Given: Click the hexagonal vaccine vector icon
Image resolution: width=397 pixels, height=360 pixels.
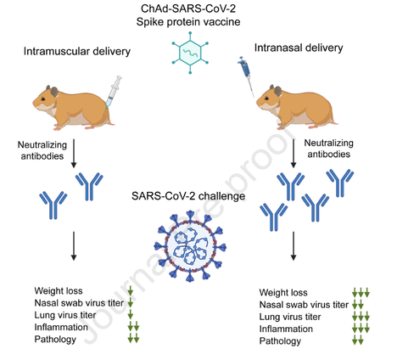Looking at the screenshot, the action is (x=190, y=53).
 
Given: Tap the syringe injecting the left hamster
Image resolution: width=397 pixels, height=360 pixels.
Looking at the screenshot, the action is (x=114, y=92).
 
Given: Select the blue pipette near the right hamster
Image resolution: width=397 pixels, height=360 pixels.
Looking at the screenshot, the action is (x=246, y=76).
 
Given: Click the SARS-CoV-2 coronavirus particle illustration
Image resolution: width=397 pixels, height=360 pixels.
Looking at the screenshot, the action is (x=190, y=246).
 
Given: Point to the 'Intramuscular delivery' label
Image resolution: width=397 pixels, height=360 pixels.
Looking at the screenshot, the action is (x=77, y=51).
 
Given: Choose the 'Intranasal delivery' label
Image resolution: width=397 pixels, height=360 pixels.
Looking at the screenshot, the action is (x=299, y=48).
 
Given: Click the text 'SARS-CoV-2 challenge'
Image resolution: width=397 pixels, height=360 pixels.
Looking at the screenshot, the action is (x=188, y=196).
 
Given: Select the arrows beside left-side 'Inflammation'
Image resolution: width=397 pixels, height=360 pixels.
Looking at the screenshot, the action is (x=133, y=326).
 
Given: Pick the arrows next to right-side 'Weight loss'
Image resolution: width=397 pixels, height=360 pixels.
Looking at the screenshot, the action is (x=361, y=292).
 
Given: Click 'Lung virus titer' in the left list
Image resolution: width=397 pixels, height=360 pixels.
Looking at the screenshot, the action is (x=65, y=315).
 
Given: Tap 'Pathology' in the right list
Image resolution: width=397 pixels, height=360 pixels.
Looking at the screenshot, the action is (x=280, y=340).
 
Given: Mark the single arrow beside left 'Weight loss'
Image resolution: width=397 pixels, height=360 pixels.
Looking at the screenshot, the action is (x=131, y=290).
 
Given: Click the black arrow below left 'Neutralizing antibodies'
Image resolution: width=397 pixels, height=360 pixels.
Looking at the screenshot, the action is (x=74, y=153).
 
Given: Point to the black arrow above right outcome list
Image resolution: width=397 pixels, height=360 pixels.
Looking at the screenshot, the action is (x=294, y=245).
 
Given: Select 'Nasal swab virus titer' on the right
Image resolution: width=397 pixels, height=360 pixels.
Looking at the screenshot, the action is (x=304, y=305).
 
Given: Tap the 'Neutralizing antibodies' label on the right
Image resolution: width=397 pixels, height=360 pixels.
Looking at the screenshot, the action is (x=329, y=149).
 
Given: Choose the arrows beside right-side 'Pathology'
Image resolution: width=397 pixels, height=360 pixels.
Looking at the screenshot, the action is (x=358, y=340).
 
